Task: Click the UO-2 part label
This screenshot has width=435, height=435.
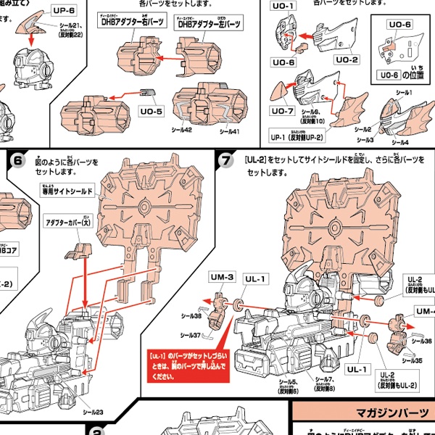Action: point(346,59)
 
